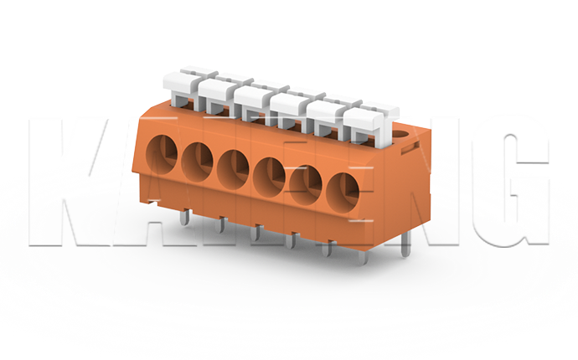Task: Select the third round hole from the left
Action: (233, 166)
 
